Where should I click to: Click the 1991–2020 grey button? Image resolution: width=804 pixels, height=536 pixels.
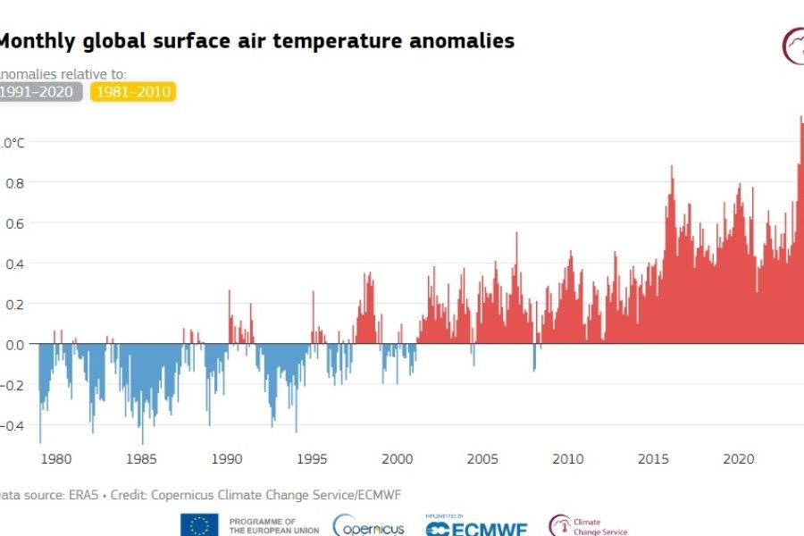tap(41, 91)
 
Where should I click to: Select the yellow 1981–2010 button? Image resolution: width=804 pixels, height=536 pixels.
tap(134, 91)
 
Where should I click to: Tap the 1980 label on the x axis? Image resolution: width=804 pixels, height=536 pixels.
tap(56, 459)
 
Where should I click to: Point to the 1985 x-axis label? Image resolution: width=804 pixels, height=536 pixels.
tap(141, 459)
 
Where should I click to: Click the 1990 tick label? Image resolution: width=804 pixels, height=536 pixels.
tap(227, 459)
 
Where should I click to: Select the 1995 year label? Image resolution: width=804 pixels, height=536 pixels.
tap(312, 459)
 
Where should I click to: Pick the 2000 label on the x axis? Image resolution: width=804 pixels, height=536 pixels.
tap(398, 459)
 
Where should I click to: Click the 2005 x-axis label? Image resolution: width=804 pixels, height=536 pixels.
tap(482, 459)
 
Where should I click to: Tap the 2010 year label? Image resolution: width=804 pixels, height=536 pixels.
tap(568, 459)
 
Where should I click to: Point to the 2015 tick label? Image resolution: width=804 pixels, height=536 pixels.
tap(653, 459)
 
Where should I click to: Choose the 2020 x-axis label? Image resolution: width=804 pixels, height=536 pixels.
tap(739, 459)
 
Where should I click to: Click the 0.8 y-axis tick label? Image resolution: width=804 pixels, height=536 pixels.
tap(14, 182)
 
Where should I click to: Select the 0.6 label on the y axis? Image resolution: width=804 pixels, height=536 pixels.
tap(14, 222)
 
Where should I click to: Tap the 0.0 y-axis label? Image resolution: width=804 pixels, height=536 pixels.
tap(14, 344)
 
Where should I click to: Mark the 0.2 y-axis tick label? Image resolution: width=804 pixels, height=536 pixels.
tap(14, 304)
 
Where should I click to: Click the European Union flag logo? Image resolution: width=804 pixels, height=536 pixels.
tap(199, 525)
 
